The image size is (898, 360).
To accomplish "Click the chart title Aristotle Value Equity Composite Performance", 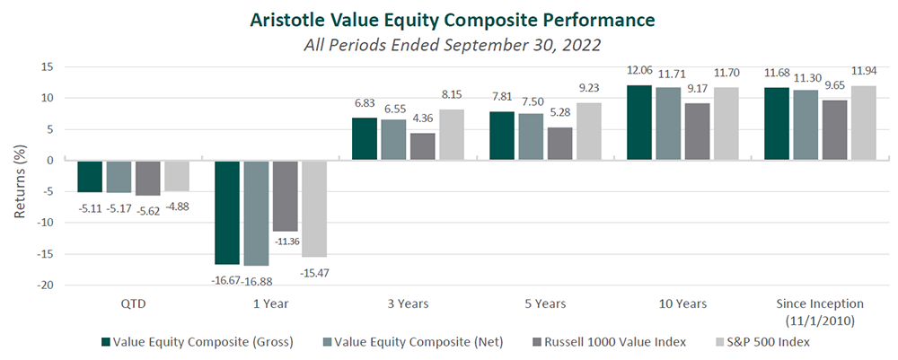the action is (x=452, y=20).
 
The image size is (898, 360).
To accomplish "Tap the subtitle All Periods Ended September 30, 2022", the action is (x=452, y=45).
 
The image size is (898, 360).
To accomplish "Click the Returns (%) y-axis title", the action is (x=20, y=175).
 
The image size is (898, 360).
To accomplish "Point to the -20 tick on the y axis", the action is (x=45, y=285).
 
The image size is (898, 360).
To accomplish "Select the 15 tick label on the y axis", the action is (x=47, y=67).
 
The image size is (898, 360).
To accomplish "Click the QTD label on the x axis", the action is (x=133, y=304).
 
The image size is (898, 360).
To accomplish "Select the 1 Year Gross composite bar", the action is (x=227, y=213).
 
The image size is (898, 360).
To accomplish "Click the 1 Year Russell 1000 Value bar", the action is (x=286, y=196).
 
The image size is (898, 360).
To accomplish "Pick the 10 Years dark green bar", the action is (x=639, y=123).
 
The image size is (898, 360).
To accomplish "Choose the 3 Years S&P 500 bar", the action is (x=452, y=135).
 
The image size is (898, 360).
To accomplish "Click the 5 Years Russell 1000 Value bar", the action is (x=559, y=145).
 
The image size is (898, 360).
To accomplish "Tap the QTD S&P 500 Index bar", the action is (x=177, y=176).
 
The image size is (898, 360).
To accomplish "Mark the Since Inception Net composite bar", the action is (x=806, y=126).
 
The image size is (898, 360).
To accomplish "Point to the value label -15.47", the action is (x=313, y=273).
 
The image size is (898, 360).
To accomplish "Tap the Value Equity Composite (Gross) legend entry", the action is (x=197, y=342).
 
